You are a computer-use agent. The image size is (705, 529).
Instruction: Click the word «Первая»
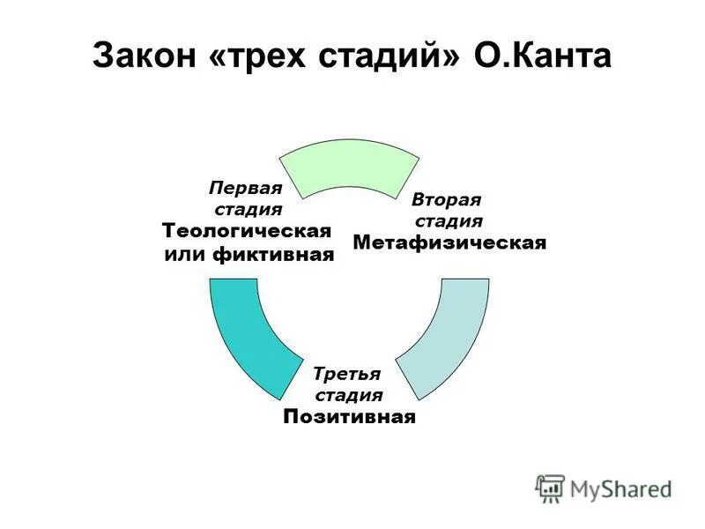click(x=245, y=189)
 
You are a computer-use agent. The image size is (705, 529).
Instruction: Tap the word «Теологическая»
click(x=247, y=232)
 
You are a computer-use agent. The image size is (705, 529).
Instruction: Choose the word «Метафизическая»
click(x=449, y=242)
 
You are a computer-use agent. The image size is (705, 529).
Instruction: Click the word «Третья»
click(x=347, y=374)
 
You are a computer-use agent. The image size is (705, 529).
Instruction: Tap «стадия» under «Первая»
click(x=249, y=210)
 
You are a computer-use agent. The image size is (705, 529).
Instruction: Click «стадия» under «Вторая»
click(x=449, y=220)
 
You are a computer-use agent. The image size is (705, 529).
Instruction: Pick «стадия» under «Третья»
click(x=349, y=395)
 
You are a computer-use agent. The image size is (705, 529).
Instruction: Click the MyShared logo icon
click(x=550, y=488)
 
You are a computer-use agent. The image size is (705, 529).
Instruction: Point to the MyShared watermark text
click(x=620, y=488)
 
